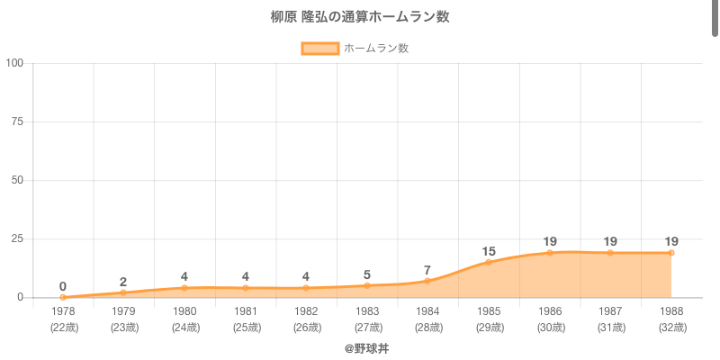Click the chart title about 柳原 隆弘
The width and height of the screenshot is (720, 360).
point(360,17)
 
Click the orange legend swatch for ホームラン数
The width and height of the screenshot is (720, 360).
point(319,49)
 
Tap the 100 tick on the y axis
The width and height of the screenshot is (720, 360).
point(15,63)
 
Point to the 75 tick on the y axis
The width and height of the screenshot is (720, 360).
point(18,121)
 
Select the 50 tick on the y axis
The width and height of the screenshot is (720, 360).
point(18,180)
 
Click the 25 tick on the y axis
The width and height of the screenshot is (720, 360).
point(18,238)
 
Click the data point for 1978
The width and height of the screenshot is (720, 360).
point(63,297)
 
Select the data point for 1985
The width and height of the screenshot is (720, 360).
point(489,262)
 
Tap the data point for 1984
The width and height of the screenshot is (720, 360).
point(427,281)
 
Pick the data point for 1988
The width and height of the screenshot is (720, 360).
point(671,253)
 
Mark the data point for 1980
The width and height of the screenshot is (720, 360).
point(184,288)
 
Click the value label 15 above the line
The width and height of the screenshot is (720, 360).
point(489,251)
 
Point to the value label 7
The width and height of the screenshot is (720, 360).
point(427,270)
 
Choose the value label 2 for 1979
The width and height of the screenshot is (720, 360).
point(123,282)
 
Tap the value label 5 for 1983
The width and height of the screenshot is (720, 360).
point(367,274)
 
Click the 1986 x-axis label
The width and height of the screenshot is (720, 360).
point(549,311)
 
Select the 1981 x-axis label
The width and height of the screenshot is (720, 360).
point(245,311)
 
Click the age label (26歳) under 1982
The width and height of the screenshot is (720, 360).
point(306,327)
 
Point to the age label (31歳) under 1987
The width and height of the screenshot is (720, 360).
point(610,327)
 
